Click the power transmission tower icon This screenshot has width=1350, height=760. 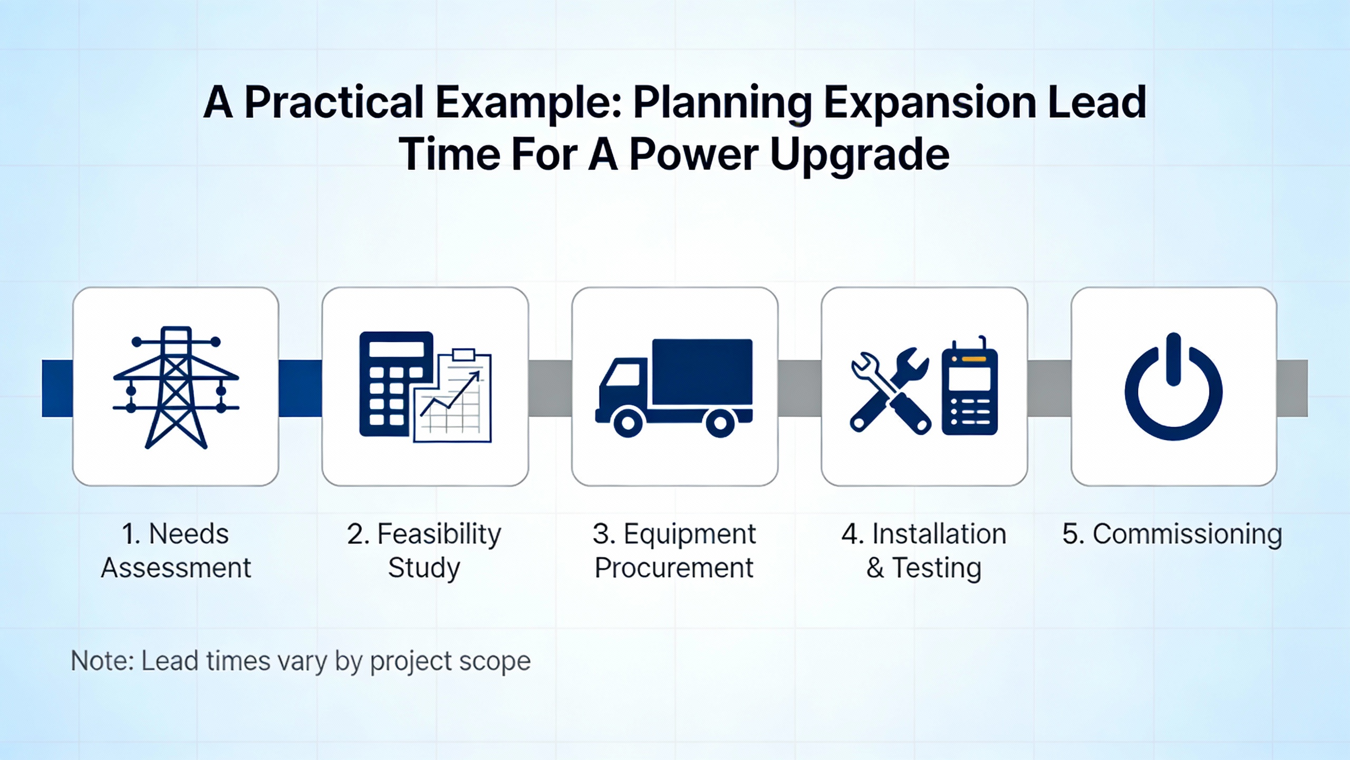click(x=176, y=387)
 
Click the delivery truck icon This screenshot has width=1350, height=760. click(x=674, y=388)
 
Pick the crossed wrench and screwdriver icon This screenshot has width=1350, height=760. click(x=890, y=391)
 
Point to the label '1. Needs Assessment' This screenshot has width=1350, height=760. click(x=176, y=550)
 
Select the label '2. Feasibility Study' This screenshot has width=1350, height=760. click(x=425, y=550)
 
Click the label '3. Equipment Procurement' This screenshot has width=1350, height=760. click(x=674, y=550)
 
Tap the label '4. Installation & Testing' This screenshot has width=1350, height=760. click(x=924, y=550)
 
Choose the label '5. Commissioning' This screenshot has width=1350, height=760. click(x=1172, y=534)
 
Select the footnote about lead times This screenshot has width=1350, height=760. click(x=301, y=661)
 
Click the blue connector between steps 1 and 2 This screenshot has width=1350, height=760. click(x=300, y=388)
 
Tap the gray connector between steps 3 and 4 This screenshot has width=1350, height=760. click(x=799, y=388)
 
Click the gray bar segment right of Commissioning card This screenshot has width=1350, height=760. click(x=1292, y=388)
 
